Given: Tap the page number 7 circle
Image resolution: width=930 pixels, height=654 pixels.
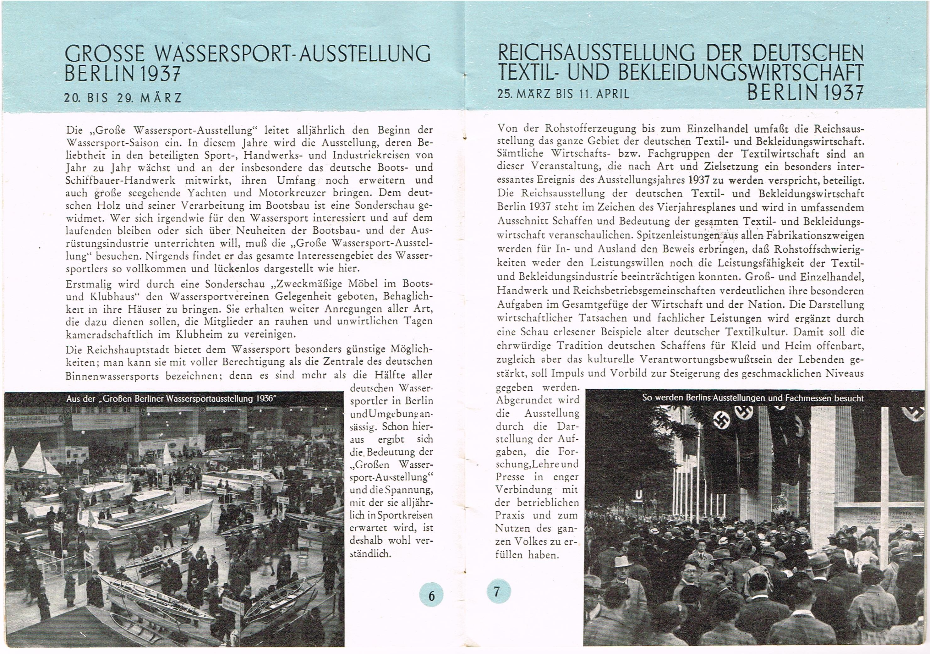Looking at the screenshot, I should click(498, 592).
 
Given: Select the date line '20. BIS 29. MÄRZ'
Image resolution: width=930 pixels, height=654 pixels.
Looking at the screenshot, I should click(123, 98).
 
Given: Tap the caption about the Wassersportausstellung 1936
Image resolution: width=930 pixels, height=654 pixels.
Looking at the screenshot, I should click(171, 398).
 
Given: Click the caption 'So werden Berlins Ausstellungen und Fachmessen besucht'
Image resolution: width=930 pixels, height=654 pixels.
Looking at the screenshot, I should click(752, 398).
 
